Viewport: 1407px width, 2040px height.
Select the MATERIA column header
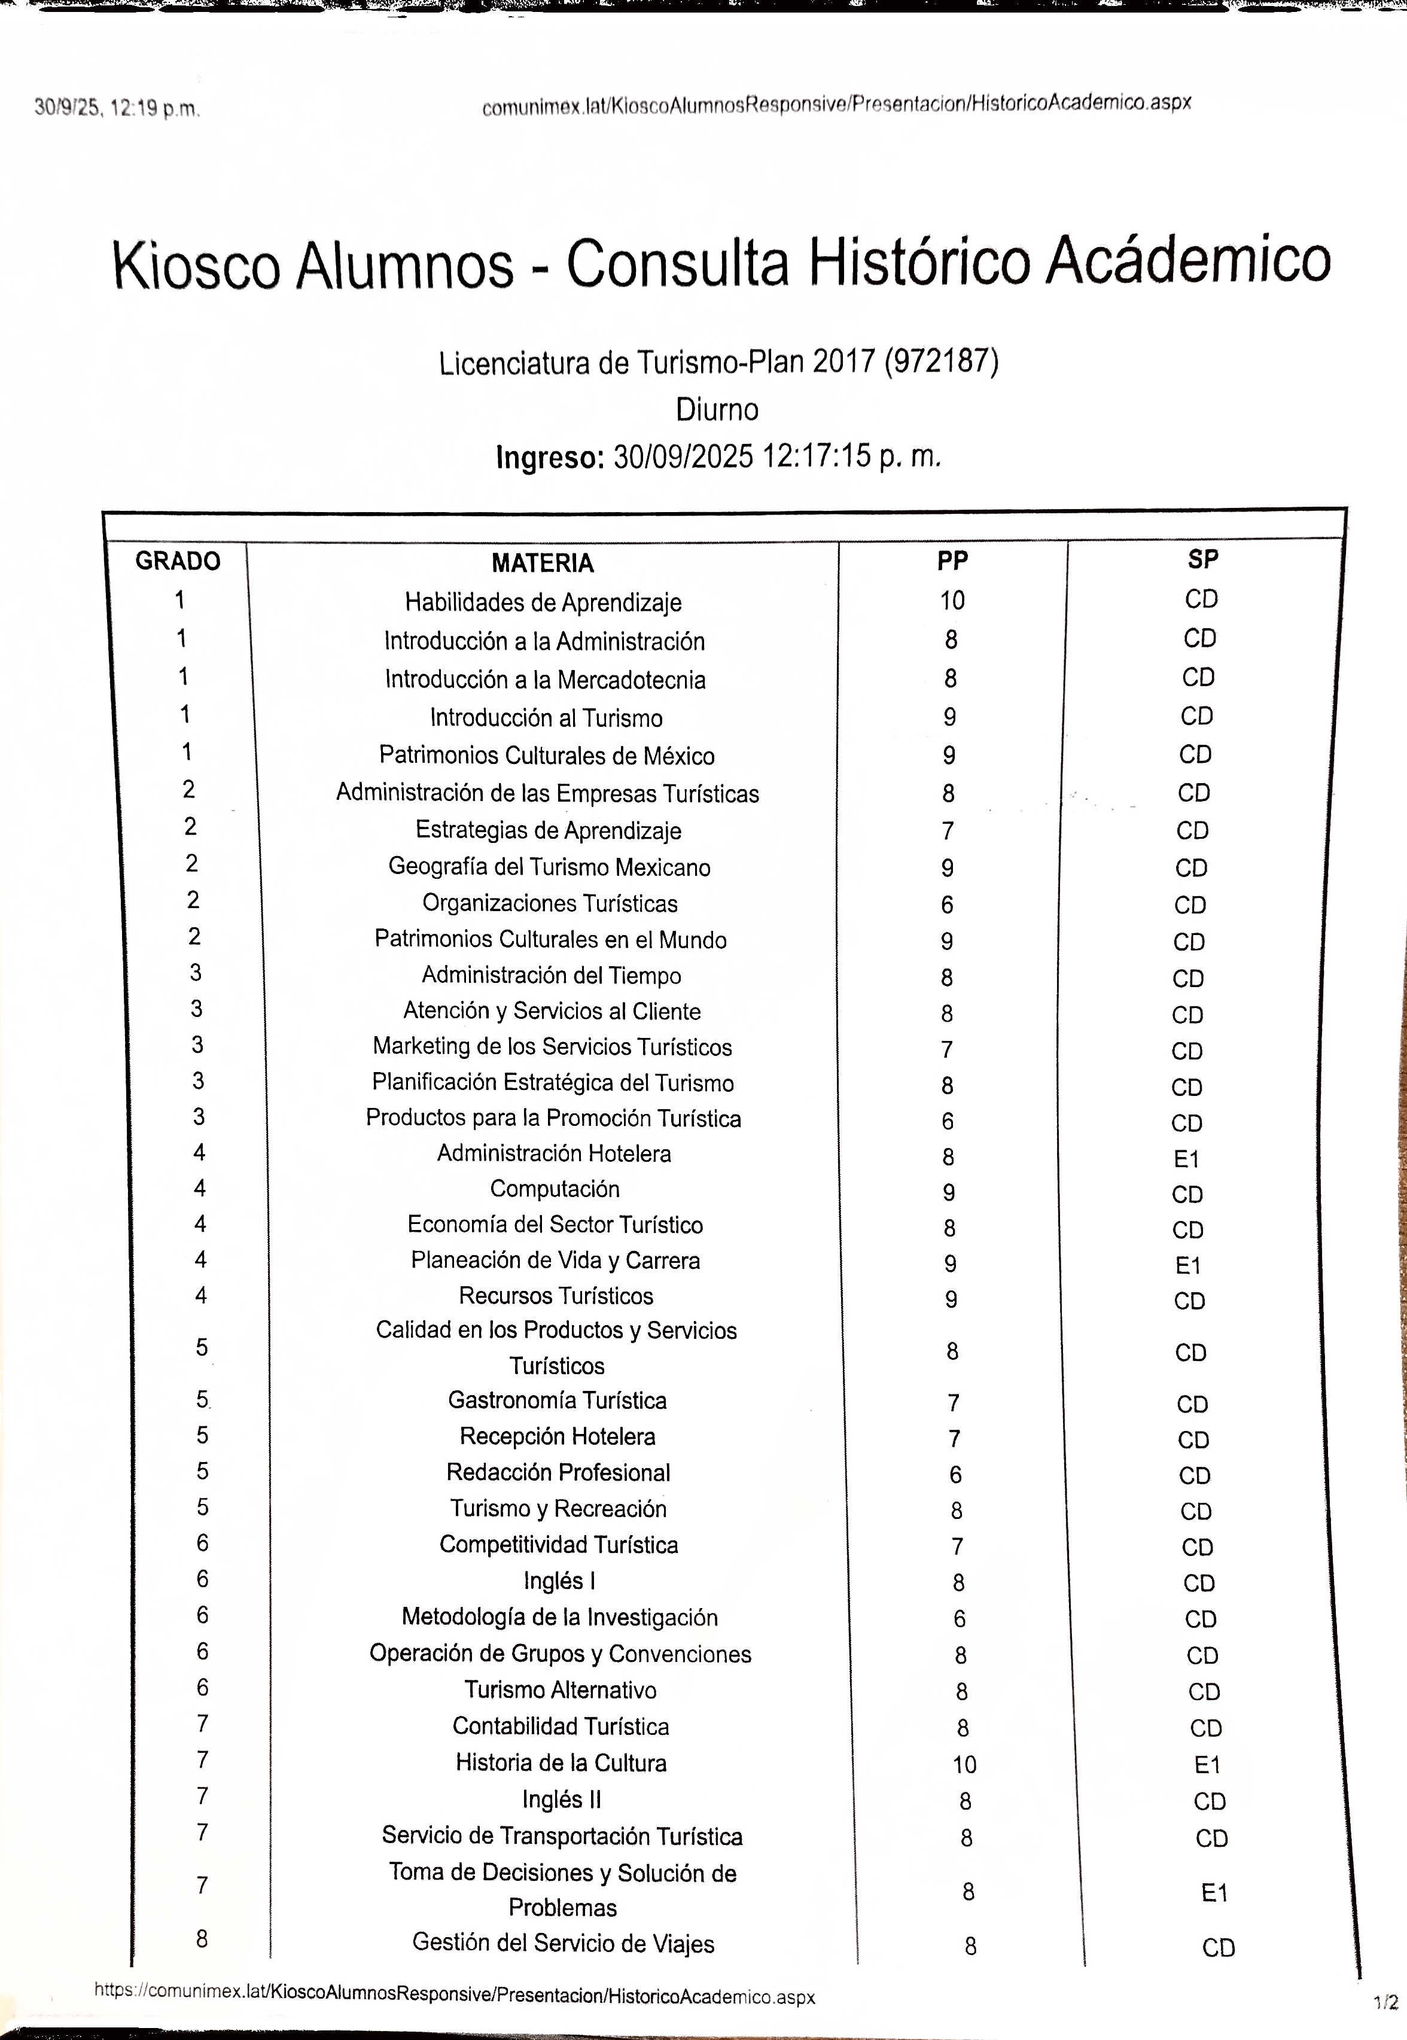point(542,562)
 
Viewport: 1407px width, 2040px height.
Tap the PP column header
point(952,561)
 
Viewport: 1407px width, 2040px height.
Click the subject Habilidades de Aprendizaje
point(543,602)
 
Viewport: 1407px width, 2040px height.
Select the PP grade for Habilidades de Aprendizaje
point(952,601)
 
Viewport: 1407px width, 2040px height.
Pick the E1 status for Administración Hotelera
point(1187,1158)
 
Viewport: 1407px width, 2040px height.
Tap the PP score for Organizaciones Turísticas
point(947,905)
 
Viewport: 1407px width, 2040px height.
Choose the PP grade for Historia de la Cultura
point(964,1764)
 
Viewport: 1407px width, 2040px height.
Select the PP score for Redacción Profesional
point(955,1474)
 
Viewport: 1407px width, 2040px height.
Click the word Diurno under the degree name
point(717,409)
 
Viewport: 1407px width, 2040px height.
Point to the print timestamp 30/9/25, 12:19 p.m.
point(117,108)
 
